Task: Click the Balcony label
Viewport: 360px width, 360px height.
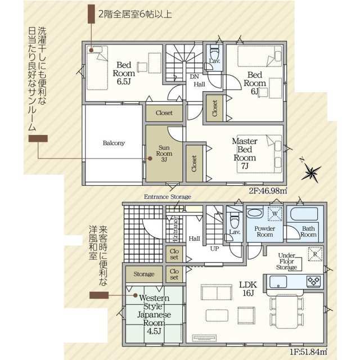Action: (114, 143)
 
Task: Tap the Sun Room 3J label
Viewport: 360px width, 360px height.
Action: (164, 154)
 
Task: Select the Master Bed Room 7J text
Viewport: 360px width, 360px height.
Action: (245, 154)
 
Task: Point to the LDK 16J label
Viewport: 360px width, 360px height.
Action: (248, 289)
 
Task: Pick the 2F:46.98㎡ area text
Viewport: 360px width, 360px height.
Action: (268, 191)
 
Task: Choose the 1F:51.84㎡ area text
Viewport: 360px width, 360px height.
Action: (308, 352)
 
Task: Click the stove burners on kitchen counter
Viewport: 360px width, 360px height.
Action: (314, 281)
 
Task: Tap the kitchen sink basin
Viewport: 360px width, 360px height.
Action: (278, 281)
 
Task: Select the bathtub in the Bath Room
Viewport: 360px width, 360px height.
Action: (304, 214)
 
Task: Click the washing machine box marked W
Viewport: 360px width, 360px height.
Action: (275, 214)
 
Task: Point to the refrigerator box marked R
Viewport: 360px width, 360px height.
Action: (315, 254)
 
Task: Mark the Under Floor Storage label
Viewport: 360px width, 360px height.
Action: (286, 261)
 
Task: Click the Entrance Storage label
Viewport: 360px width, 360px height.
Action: (168, 197)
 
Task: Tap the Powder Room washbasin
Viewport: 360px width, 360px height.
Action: (255, 213)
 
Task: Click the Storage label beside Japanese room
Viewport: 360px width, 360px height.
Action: (144, 274)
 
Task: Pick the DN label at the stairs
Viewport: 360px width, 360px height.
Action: (195, 76)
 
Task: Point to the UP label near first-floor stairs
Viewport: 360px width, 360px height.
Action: (214, 249)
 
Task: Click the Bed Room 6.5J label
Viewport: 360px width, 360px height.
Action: (124, 73)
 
